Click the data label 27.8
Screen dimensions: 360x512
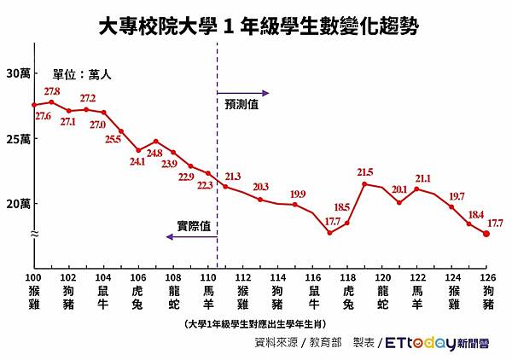click(52, 91)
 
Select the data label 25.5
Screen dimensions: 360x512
click(113, 140)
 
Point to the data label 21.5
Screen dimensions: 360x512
click(365, 172)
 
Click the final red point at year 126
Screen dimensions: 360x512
click(486, 234)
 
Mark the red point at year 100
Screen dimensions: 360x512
click(34, 105)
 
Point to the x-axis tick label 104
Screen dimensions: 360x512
click(104, 278)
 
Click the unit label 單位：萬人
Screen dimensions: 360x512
click(82, 75)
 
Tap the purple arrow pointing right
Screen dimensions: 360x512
click(244, 92)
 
